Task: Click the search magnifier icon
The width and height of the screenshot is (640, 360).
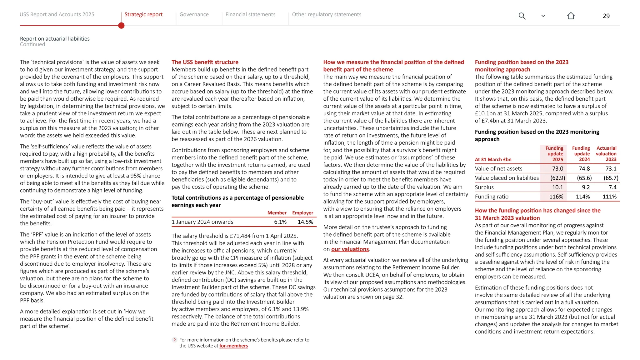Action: pos(522,16)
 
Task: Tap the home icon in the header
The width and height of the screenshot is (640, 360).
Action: pos(571,16)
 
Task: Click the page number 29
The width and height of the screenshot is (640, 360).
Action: pos(606,16)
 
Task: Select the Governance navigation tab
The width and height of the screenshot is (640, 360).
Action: pos(194,14)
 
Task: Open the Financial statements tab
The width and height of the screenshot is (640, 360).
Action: pos(250,14)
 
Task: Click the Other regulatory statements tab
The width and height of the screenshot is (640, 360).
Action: pos(326,14)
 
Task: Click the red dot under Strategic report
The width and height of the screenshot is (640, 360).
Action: pos(121,26)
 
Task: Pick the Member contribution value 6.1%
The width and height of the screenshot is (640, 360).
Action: pos(280,222)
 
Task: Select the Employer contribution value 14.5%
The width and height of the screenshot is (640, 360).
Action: pos(305,222)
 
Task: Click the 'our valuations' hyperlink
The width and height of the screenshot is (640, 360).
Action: pos(350,249)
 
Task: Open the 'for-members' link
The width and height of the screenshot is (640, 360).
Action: pos(233,346)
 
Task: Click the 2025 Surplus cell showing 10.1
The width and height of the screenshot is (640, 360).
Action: pos(557,187)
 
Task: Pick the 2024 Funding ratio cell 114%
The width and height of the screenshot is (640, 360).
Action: pos(582,197)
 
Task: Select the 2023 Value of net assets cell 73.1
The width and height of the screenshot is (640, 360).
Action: pos(611,168)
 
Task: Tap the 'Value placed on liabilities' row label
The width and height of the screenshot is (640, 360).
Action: pos(507,178)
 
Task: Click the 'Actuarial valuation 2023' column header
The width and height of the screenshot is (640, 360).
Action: pos(606,154)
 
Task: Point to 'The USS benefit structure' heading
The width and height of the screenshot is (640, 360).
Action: pos(205,62)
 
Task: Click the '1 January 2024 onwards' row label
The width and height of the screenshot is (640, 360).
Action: pos(202,222)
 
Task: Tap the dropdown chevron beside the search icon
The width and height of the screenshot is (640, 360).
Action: pos(543,16)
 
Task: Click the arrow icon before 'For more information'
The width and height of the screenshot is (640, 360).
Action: pos(175,340)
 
